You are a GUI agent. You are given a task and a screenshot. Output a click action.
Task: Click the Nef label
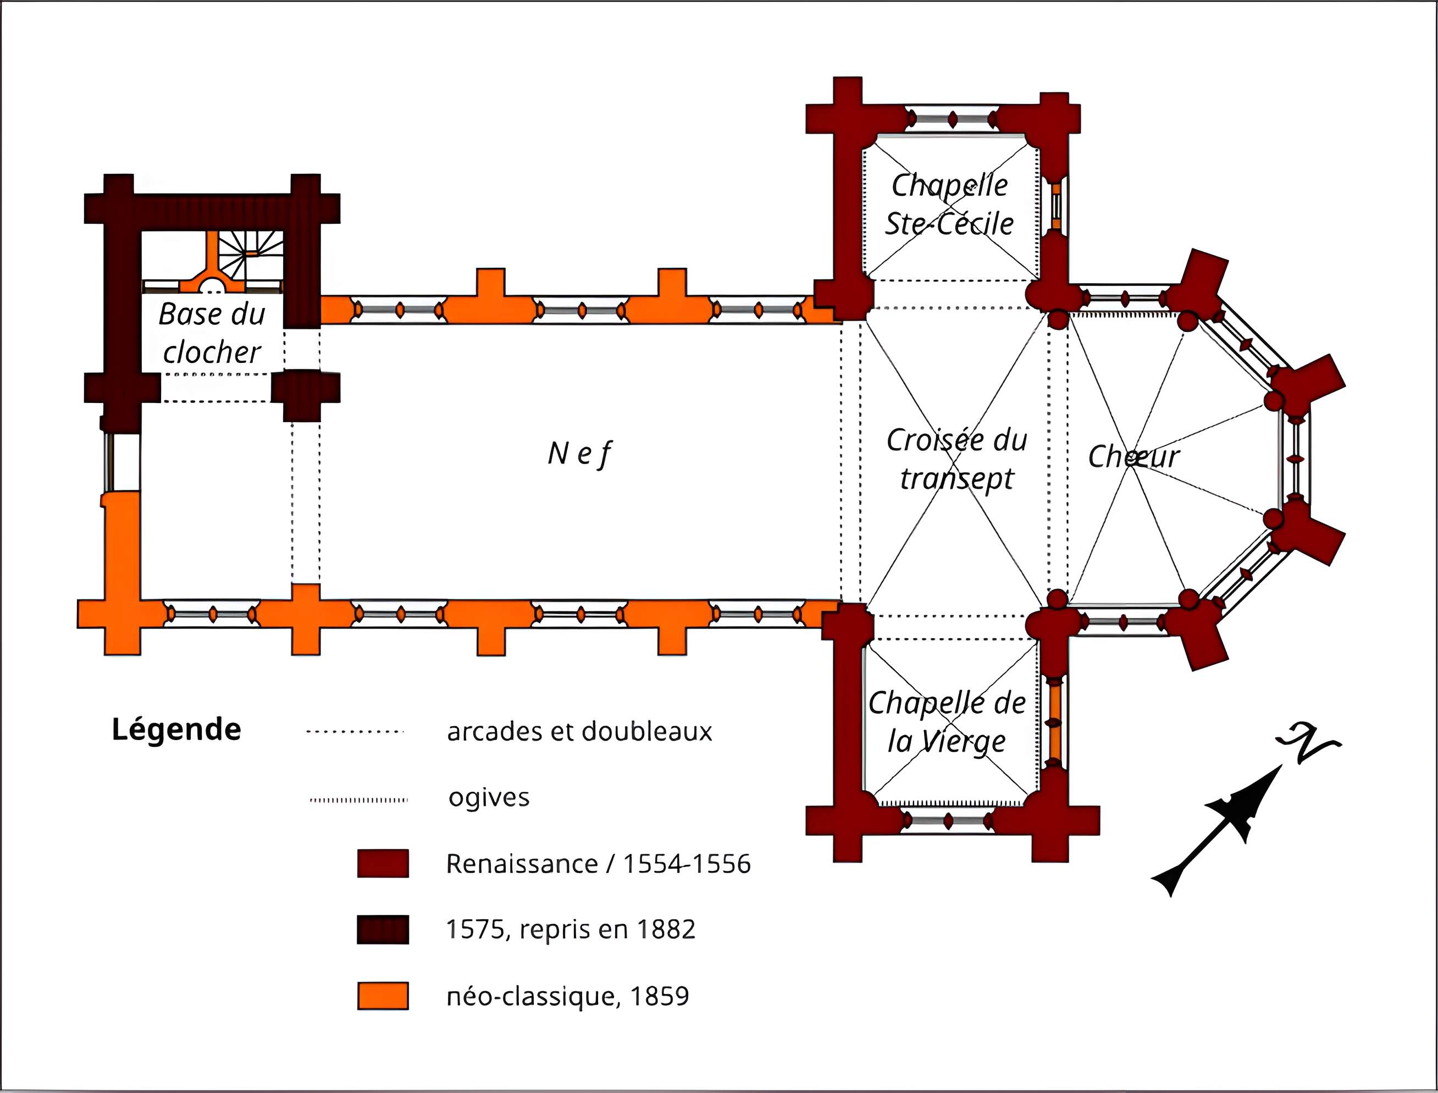(579, 454)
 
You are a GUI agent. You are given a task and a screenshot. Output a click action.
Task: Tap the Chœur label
(1133, 456)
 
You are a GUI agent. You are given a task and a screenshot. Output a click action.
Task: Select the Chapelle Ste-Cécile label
(949, 205)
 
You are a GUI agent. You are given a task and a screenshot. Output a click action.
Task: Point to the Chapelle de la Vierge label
(947, 722)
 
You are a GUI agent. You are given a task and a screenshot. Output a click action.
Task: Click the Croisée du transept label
(956, 459)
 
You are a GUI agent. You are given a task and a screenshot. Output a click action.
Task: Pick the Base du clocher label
(212, 333)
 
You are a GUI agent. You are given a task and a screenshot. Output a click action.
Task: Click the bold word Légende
(176, 730)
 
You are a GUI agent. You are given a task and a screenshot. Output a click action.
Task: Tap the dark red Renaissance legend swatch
(383, 863)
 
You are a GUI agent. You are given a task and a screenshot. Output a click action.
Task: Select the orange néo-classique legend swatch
(383, 995)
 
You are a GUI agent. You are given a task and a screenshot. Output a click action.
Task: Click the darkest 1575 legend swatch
(383, 929)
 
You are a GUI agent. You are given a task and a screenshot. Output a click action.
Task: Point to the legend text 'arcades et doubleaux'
(579, 731)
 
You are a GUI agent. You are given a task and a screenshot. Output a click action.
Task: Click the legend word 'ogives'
(489, 798)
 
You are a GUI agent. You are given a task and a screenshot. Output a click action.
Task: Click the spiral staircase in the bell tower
(251, 254)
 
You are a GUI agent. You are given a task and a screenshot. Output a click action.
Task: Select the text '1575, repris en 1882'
(571, 929)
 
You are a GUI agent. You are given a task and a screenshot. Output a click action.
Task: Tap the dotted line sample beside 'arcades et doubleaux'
(355, 732)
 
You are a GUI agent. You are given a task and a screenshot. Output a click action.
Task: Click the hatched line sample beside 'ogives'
(359, 799)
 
